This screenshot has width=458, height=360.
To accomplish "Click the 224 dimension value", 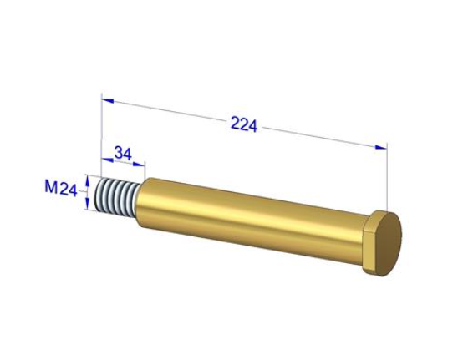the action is coord(244,124).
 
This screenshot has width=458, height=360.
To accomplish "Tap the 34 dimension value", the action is coord(123,153).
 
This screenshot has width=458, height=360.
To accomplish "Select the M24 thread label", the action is coord(61,188).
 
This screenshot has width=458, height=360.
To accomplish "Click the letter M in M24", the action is coord(51,186).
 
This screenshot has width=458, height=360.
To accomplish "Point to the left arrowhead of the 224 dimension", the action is coord(108,101).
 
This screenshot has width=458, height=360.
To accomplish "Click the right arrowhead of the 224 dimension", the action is coord(381,147).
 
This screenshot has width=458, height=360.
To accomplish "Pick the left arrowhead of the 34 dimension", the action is coord(107,160).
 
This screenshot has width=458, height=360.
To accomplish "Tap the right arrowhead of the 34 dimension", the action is coord(139,164).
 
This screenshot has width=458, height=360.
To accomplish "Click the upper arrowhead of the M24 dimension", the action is coord(86,181).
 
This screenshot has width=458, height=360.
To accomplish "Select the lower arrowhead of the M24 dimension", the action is coord(87,203).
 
